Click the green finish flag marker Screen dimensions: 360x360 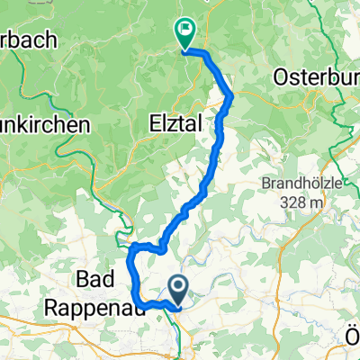(x=185, y=32)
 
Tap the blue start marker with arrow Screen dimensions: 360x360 (x=179, y=289)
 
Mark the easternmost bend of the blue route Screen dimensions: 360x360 (x=233, y=94)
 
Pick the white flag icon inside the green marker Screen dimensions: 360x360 (x=186, y=30)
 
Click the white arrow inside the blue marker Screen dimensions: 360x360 (x=179, y=288)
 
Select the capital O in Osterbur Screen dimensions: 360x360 (x=282, y=73)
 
